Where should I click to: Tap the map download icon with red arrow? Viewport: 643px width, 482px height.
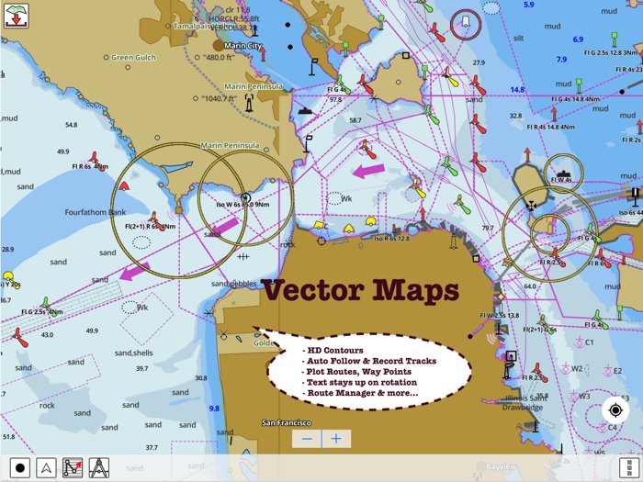click(x=16, y=15)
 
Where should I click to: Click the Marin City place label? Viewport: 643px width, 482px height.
click(x=242, y=45)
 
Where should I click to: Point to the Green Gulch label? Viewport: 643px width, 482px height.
click(x=135, y=57)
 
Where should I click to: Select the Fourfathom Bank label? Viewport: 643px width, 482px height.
click(x=96, y=212)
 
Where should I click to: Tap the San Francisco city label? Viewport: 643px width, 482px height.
click(x=287, y=423)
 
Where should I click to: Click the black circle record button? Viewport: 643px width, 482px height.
click(x=19, y=467)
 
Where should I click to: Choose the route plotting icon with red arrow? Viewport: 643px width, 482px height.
click(x=73, y=467)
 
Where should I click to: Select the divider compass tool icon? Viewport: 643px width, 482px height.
click(x=99, y=467)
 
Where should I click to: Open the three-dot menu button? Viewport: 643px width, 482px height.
click(x=628, y=467)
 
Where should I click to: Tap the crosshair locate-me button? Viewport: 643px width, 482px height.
click(x=615, y=410)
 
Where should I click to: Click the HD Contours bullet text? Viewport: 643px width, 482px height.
click(x=336, y=350)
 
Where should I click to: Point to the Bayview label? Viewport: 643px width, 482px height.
click(x=502, y=467)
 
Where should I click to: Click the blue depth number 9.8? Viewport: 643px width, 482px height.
click(x=214, y=409)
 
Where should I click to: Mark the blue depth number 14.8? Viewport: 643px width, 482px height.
click(x=517, y=90)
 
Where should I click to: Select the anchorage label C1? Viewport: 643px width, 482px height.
click(x=589, y=342)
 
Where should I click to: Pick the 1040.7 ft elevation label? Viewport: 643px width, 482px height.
click(x=220, y=98)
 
